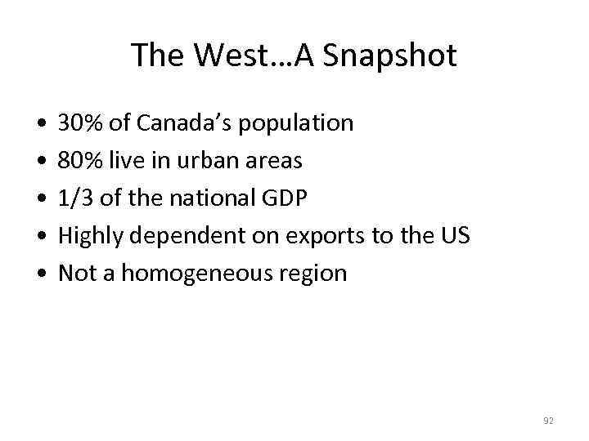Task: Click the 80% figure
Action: (x=78, y=161)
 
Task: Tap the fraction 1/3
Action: (x=75, y=198)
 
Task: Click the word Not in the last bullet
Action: (x=78, y=274)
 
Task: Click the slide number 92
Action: (x=548, y=421)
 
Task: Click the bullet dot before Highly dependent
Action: (x=41, y=237)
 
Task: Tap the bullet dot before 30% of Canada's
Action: (x=41, y=124)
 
